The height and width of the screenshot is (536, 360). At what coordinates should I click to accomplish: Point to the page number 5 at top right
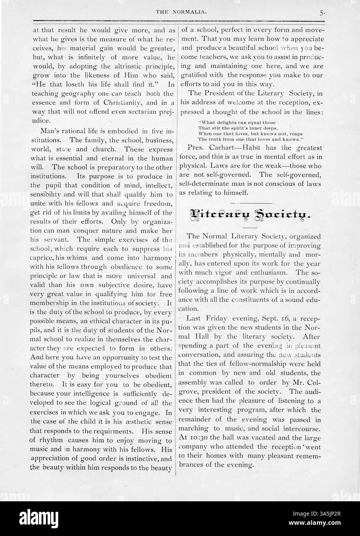[322, 13]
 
